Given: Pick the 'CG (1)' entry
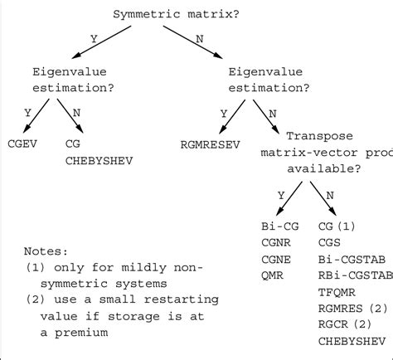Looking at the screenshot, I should (x=337, y=225).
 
